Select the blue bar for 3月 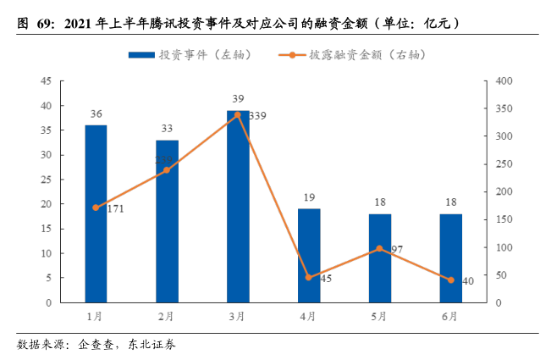(237, 208)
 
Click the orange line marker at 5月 (379, 249)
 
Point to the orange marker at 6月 (450, 280)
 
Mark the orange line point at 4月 (308, 278)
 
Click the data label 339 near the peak (257, 115)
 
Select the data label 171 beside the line (115, 208)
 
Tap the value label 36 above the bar (96, 114)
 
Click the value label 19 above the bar (308, 198)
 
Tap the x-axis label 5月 (379, 316)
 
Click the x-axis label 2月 (167, 316)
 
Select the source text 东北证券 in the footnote (152, 345)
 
